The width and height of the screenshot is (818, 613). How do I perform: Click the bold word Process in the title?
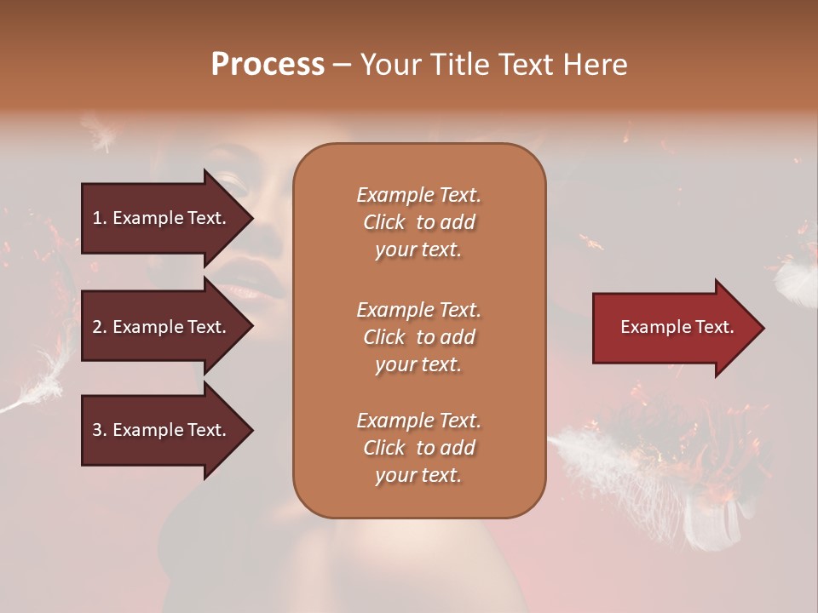pos(268,65)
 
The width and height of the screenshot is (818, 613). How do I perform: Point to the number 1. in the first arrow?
pos(100,218)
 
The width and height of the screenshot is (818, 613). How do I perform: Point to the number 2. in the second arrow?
pos(100,327)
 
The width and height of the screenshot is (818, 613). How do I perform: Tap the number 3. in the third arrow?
pos(100,430)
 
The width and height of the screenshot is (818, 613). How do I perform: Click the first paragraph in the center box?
pos(418,222)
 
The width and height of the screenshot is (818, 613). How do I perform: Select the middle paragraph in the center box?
pos(418,336)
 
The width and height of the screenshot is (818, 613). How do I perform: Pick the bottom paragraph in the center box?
pos(418,448)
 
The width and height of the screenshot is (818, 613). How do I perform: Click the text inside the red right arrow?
pos(677,327)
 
